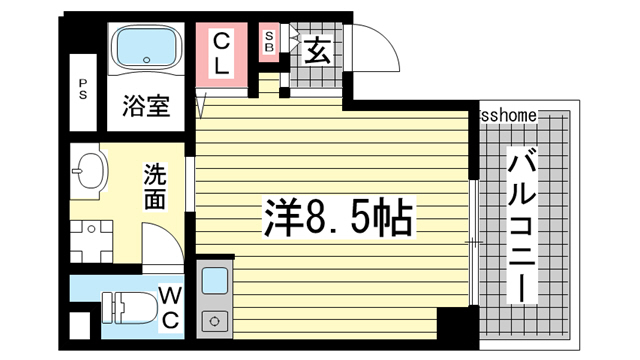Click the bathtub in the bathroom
146,49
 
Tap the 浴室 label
146,105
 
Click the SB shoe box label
270,42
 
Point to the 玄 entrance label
317,49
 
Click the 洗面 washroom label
156,184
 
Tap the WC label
169,308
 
